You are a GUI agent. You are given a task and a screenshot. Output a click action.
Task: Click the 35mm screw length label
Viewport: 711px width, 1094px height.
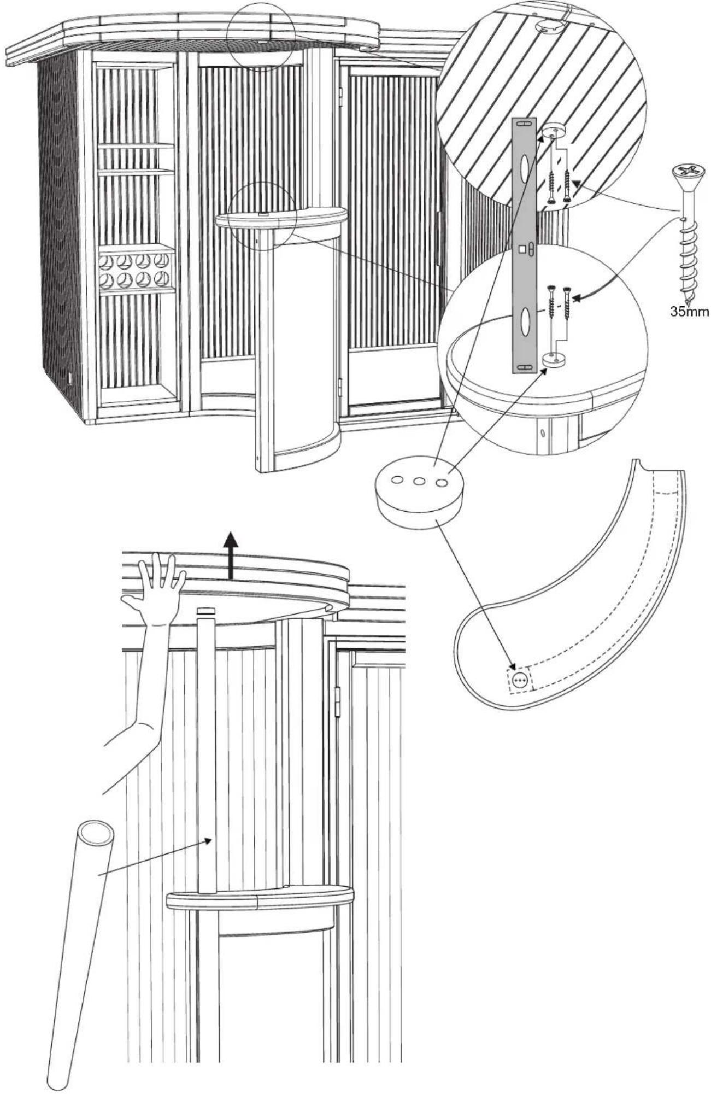[689, 313]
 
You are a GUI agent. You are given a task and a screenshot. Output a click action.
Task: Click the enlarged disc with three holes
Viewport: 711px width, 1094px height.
[419, 491]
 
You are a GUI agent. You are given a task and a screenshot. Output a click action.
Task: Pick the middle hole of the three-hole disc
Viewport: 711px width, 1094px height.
[419, 482]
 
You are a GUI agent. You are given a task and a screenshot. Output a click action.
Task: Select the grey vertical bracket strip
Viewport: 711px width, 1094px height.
[524, 246]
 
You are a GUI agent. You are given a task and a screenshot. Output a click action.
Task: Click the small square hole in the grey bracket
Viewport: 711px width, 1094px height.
[522, 250]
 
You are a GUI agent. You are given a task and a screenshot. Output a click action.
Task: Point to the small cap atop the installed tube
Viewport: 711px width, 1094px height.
[206, 611]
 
